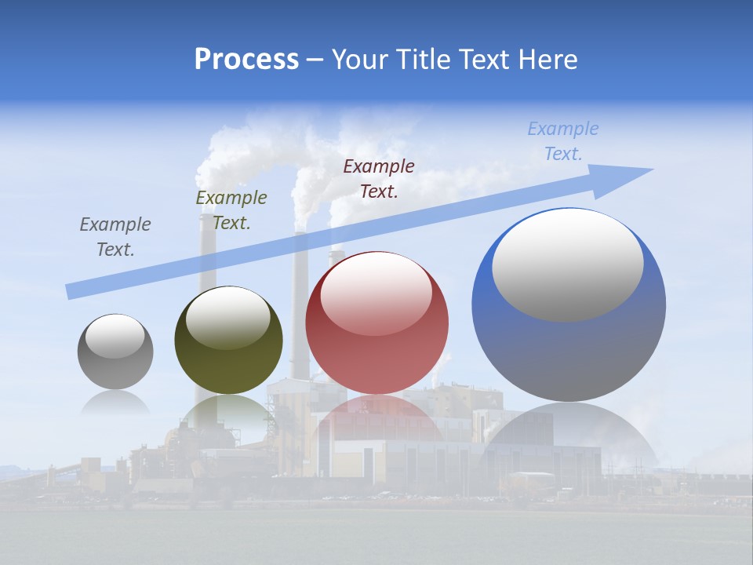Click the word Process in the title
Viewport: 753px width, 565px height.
[x=246, y=59]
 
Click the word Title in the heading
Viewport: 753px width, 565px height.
[x=423, y=59]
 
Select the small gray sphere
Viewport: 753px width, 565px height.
[x=115, y=369]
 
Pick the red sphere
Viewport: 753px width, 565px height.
[x=376, y=361]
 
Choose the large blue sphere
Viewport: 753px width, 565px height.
[x=569, y=353]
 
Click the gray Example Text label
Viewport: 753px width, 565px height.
[x=115, y=237]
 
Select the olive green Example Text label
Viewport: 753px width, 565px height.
[x=231, y=210]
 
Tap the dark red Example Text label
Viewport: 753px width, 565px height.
[x=379, y=178]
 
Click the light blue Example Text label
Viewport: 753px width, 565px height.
[x=562, y=141]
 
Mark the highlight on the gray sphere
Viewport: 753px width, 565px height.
[x=115, y=336]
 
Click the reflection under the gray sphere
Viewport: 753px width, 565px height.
[x=115, y=402]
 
